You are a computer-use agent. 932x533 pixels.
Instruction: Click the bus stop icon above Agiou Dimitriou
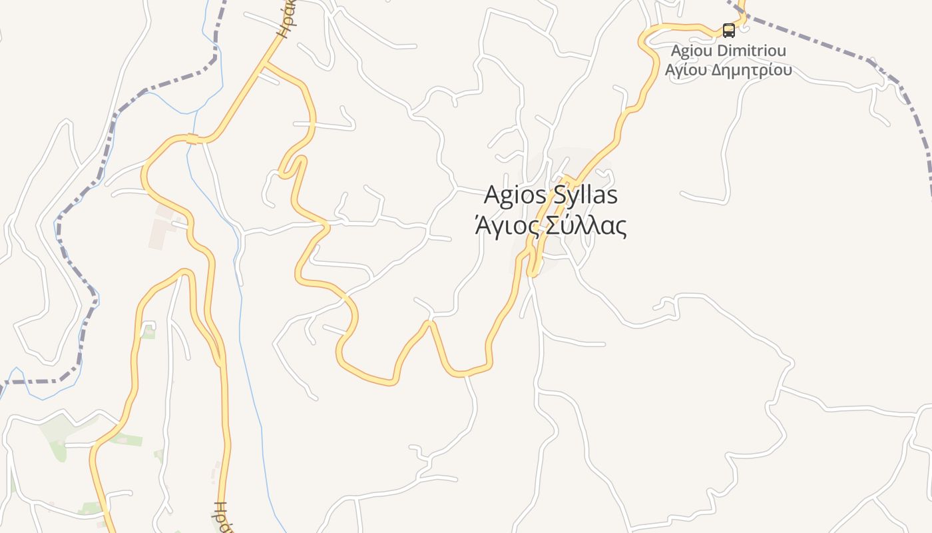pyautogui.click(x=729, y=30)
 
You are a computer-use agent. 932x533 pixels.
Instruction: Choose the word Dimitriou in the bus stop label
pyautogui.click(x=755, y=51)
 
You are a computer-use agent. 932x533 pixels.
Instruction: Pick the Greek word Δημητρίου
pyautogui.click(x=752, y=69)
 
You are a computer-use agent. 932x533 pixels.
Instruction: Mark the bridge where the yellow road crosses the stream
pyautogui.click(x=192, y=139)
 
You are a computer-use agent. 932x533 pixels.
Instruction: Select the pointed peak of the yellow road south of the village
pyautogui.click(x=430, y=323)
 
